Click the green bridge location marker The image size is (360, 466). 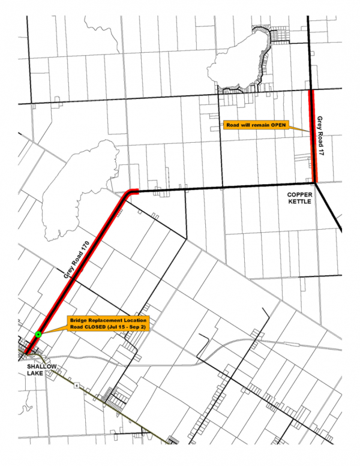click(38, 334)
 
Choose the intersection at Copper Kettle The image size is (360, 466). click(315, 184)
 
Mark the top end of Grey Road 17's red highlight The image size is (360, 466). click(311, 91)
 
